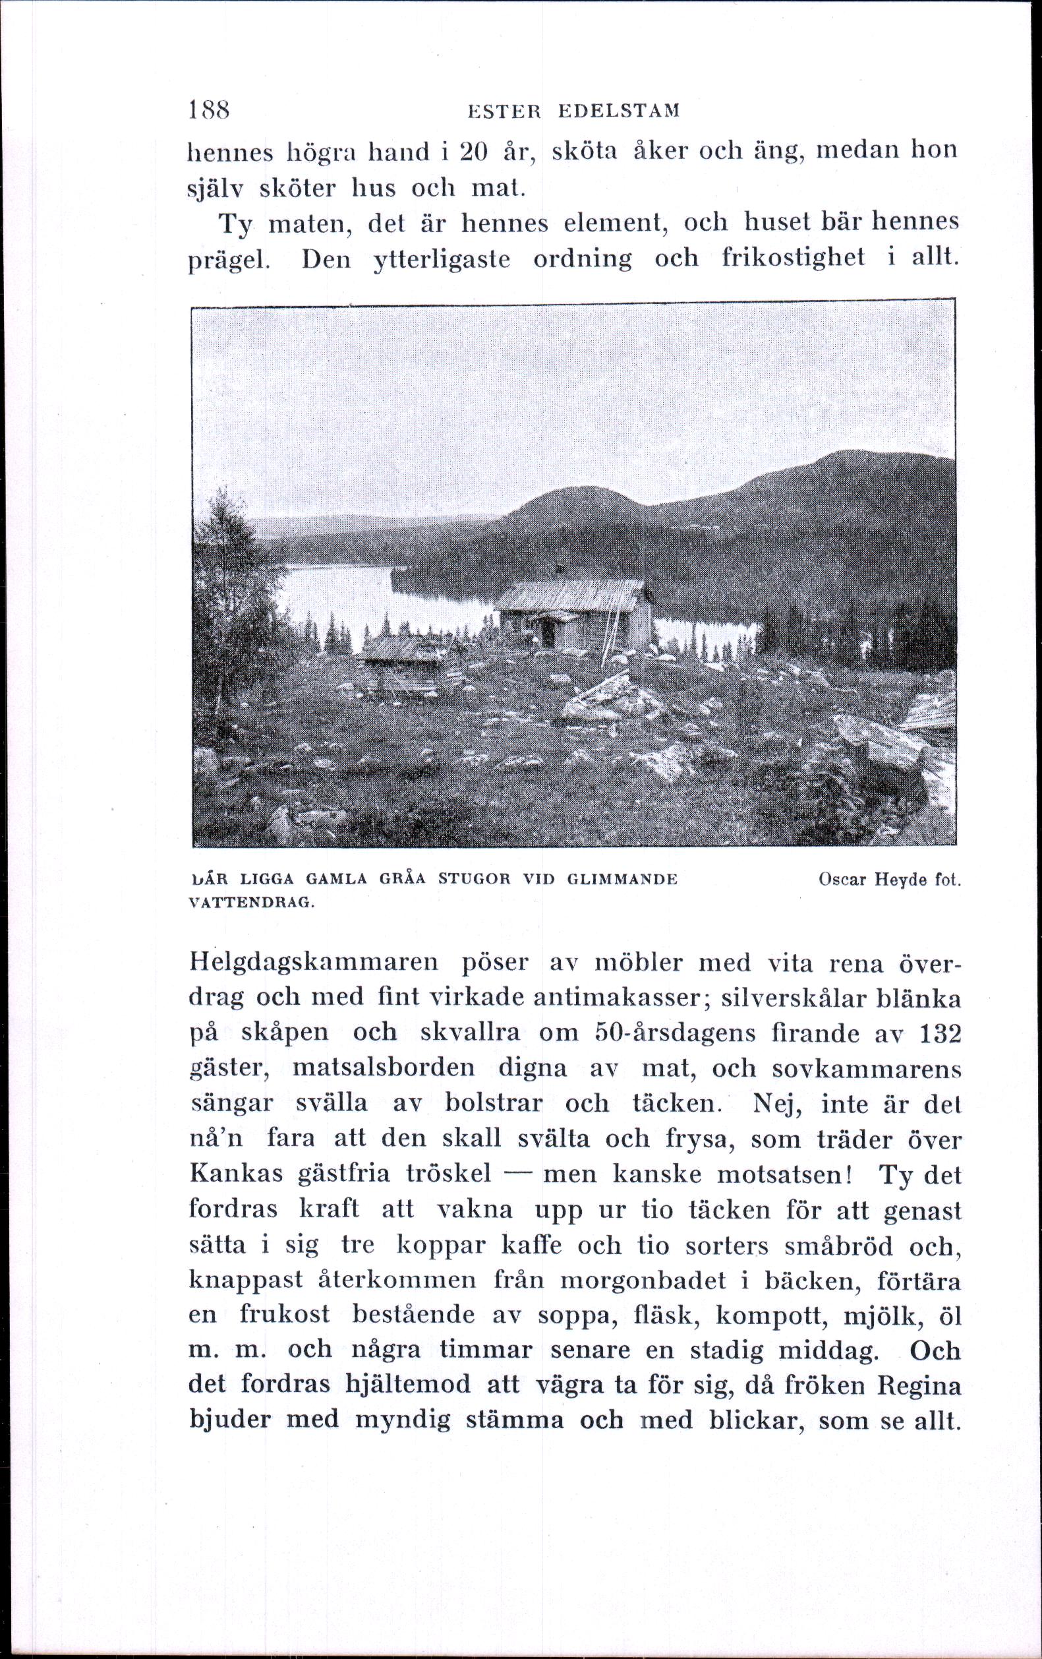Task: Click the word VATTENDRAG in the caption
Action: pos(250,904)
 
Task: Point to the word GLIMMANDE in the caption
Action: pos(622,880)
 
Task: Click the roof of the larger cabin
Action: pos(571,593)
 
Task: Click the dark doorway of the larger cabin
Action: pos(549,633)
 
